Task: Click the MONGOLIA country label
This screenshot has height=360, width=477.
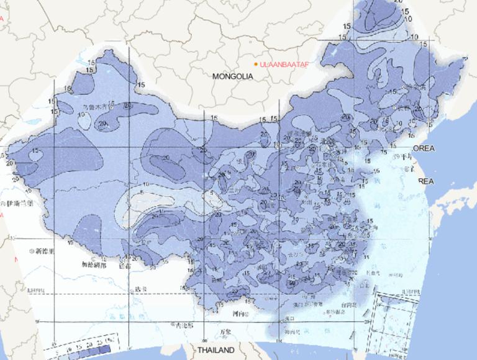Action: [232, 76]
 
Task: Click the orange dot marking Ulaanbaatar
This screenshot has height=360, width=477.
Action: [255, 64]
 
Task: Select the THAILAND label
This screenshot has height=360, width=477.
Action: [217, 351]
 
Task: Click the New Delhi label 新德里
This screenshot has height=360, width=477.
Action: [45, 251]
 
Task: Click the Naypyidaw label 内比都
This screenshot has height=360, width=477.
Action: [183, 325]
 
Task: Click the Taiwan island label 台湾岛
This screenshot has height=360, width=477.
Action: [348, 305]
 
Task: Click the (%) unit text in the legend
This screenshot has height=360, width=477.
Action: [112, 341]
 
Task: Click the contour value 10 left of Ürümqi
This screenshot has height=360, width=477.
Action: [83, 114]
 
